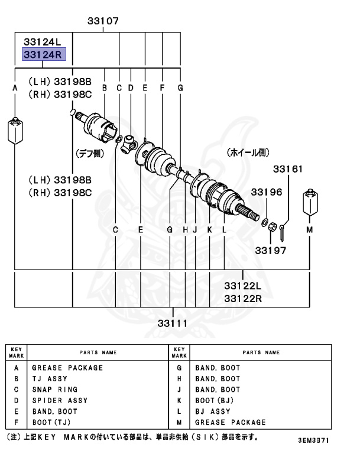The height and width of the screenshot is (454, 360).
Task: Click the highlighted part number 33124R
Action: [x=43, y=55]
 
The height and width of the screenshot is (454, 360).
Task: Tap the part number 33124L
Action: [x=43, y=42]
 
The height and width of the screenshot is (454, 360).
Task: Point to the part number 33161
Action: [x=287, y=169]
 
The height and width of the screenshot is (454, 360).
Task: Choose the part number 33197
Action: [x=271, y=250]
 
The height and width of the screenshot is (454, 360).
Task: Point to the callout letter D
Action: [x=131, y=88]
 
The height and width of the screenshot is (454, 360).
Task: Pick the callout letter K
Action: [x=209, y=229]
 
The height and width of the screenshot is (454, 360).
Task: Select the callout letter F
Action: [x=162, y=88]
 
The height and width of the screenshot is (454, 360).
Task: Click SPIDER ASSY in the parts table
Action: [x=60, y=400]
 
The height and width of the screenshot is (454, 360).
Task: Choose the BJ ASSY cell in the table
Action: [x=213, y=411]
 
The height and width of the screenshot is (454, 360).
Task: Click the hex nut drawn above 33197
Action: [x=270, y=226]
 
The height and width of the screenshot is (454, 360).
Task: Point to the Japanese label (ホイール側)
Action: [x=247, y=153]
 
